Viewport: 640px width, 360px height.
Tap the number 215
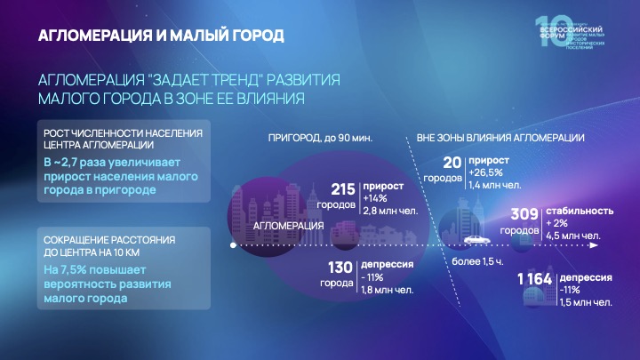coord(342,189)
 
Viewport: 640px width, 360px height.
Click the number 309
coord(523,214)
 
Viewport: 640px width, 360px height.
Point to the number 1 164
coord(534,281)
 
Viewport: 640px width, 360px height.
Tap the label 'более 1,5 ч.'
coord(476,262)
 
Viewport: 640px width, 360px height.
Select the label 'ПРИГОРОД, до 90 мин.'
coord(319,138)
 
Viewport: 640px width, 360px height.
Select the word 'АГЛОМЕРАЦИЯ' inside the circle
coord(288,226)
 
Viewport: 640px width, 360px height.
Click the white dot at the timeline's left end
coord(232,244)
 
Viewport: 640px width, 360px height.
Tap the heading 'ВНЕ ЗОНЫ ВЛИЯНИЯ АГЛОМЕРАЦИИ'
coord(500,138)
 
